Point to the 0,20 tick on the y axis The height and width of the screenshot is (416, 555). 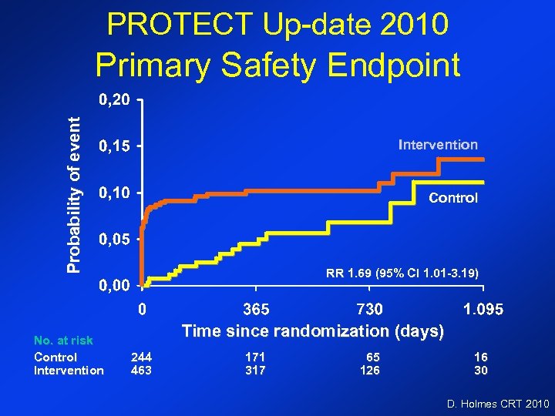113,99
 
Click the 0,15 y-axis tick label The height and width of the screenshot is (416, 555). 113,146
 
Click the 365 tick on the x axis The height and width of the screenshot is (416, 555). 257,310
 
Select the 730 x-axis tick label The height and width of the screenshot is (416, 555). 369,310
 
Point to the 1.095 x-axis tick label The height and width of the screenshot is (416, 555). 483,310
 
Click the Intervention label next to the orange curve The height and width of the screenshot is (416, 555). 438,144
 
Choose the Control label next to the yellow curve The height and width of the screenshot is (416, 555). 453,198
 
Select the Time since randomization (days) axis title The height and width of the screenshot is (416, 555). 313,331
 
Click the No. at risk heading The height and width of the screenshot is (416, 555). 63,340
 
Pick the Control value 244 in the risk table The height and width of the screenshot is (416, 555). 141,357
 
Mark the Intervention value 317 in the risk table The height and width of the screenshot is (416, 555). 255,371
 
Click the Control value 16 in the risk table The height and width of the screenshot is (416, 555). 481,357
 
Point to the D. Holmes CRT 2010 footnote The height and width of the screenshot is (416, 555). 498,403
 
